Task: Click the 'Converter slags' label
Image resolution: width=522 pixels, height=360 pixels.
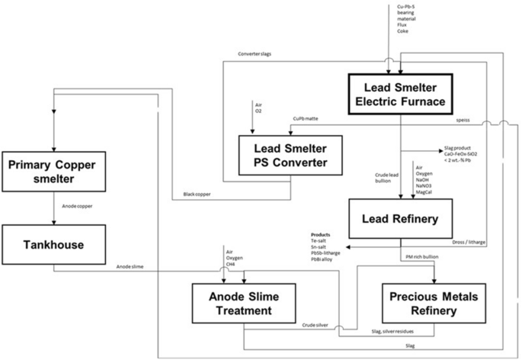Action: tap(256, 54)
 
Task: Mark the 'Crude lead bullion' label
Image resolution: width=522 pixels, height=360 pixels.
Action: tap(384, 178)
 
